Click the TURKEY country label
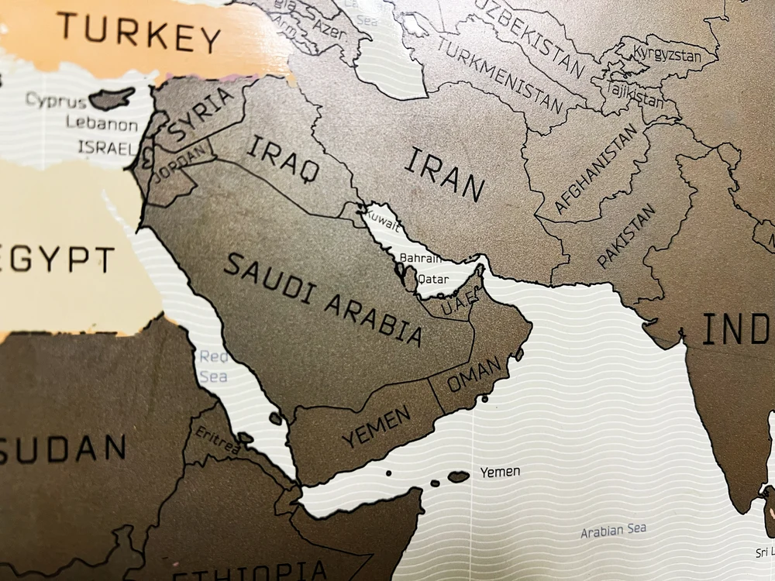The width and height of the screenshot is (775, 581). click(139, 32)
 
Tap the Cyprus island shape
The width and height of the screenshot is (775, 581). click(112, 98)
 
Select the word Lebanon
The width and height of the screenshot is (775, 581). click(102, 124)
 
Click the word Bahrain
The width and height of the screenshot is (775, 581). click(420, 259)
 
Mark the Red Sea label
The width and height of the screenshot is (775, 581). click(214, 366)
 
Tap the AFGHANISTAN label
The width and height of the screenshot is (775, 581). click(596, 169)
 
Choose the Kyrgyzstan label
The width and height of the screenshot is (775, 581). click(666, 55)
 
